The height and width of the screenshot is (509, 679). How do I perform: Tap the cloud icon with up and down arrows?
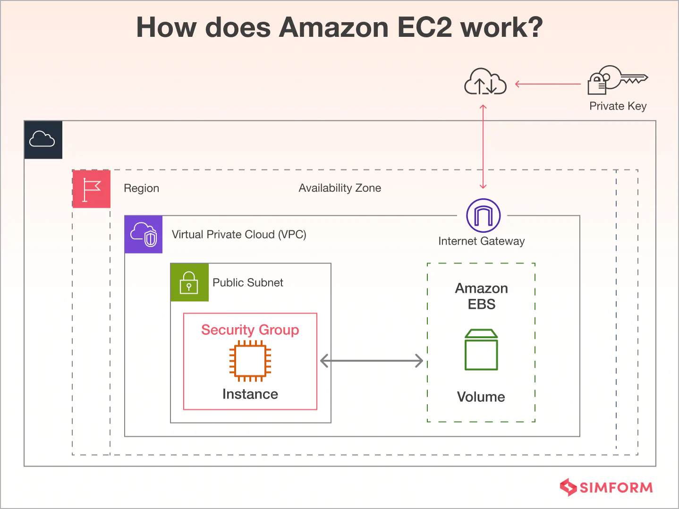pyautogui.click(x=485, y=82)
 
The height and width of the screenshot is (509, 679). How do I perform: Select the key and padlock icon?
pyautogui.click(x=617, y=79)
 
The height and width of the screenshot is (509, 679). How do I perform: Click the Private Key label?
pyautogui.click(x=618, y=106)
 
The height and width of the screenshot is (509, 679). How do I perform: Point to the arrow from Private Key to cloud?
pyautogui.click(x=548, y=84)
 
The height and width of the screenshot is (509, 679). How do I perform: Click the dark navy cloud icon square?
pyautogui.click(x=43, y=140)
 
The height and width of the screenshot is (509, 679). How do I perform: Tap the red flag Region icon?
pyautogui.click(x=92, y=189)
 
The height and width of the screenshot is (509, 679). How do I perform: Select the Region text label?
pyautogui.click(x=141, y=188)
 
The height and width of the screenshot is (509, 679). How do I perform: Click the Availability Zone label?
pyautogui.click(x=339, y=188)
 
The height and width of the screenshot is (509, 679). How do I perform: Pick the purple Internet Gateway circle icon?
pyautogui.click(x=483, y=215)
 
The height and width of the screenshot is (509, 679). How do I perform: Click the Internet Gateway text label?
pyautogui.click(x=481, y=241)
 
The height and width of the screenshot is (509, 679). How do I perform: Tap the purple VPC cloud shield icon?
pyautogui.click(x=144, y=234)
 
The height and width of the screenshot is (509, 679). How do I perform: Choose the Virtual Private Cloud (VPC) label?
pyautogui.click(x=239, y=235)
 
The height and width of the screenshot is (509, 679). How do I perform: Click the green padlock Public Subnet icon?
pyautogui.click(x=189, y=282)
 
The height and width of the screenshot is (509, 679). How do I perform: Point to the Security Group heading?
pyautogui.click(x=250, y=330)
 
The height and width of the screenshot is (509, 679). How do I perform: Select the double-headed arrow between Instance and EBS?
pyautogui.click(x=372, y=361)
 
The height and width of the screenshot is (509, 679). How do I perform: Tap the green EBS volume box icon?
pyautogui.click(x=481, y=350)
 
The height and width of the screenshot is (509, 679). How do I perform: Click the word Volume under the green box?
pyautogui.click(x=481, y=397)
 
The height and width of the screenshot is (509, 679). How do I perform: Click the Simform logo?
pyautogui.click(x=606, y=487)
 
